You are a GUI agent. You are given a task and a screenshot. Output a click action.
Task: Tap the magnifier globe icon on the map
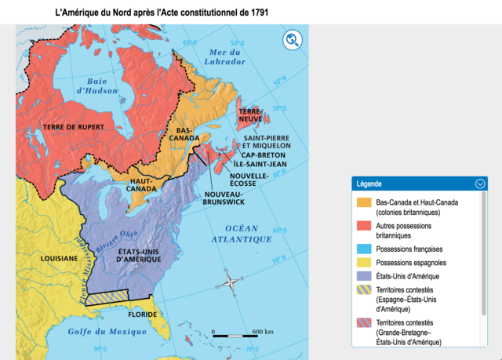293,40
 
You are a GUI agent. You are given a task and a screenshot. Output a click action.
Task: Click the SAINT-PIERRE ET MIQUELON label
267,141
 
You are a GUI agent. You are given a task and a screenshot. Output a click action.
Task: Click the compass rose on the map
229,283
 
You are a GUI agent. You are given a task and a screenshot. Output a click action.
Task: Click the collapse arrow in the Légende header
480,184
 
